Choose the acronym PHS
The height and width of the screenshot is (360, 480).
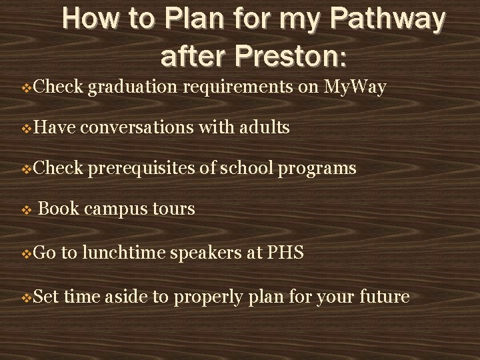287,253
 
